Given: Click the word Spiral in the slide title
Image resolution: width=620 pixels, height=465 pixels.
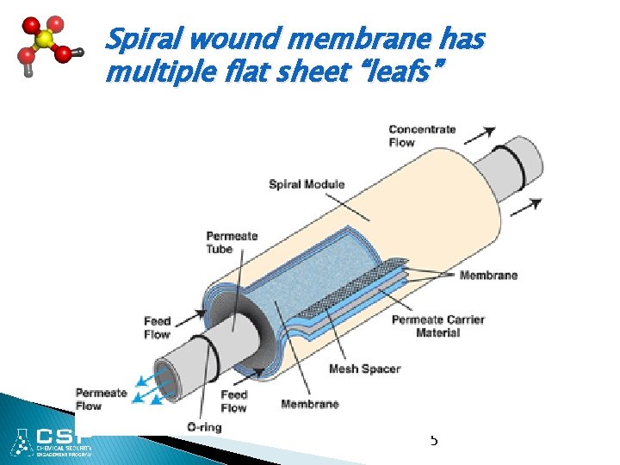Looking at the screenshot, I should pyautogui.click(x=141, y=40).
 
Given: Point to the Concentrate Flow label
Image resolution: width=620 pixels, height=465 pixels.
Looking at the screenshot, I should pyautogui.click(x=423, y=136).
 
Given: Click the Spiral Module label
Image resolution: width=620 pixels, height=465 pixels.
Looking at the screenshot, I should pyautogui.click(x=307, y=183).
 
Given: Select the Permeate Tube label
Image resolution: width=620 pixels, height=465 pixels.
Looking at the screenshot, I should pyautogui.click(x=232, y=242).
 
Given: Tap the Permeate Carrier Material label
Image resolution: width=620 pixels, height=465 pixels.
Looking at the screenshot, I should pyautogui.click(x=437, y=325).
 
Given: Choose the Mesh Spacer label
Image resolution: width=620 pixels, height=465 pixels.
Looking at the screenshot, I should pyautogui.click(x=364, y=369).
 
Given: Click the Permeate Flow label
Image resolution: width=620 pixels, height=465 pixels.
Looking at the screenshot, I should pyautogui.click(x=101, y=400).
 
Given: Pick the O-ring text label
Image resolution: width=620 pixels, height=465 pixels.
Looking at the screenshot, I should pyautogui.click(x=203, y=427).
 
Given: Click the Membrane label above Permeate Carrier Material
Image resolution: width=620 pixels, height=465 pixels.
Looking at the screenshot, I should pyautogui.click(x=488, y=276).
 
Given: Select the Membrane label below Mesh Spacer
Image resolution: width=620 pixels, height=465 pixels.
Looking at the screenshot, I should pyautogui.click(x=309, y=404).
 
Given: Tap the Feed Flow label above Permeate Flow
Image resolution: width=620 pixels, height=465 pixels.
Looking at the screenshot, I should pyautogui.click(x=157, y=327).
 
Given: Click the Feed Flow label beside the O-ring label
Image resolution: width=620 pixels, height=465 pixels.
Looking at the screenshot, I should pyautogui.click(x=233, y=401).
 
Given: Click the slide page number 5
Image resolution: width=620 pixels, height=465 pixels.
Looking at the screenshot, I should pyautogui.click(x=433, y=440).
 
